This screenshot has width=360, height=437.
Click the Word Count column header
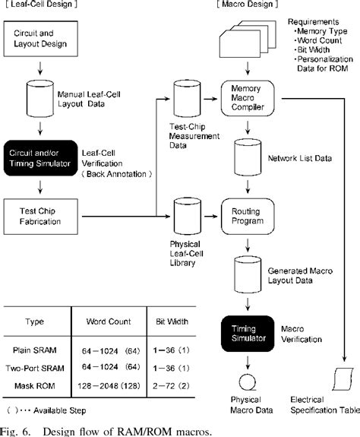click(x=112, y=321)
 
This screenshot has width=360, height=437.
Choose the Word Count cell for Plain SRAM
click(x=112, y=350)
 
